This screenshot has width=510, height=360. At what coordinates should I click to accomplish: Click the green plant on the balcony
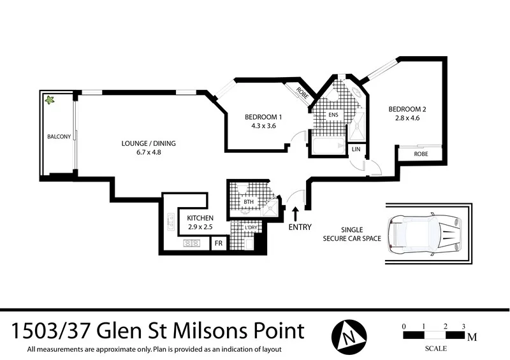tap(48, 100)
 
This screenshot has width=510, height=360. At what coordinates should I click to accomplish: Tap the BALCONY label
tap(58, 137)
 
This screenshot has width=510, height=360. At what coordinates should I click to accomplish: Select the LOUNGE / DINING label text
tap(148, 143)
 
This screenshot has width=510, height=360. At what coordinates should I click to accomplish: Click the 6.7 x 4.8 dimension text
tap(148, 152)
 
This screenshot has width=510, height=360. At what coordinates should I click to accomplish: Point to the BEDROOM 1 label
tap(263, 117)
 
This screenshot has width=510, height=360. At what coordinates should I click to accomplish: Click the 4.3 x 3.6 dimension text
tap(263, 126)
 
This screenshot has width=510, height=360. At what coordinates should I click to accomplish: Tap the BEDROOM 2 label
tap(407, 109)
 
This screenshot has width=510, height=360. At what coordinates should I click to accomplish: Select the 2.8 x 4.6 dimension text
tap(407, 118)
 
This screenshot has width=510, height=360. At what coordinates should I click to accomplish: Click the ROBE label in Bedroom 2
tap(421, 154)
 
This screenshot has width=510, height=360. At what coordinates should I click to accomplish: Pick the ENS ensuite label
tap(332, 115)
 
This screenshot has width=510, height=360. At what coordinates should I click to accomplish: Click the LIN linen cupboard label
tap(356, 149)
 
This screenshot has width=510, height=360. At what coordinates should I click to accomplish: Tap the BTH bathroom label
tap(248, 202)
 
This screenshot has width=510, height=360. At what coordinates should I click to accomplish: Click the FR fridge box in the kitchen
tap(218, 243)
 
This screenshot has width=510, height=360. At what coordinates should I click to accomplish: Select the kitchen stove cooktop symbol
tap(192, 243)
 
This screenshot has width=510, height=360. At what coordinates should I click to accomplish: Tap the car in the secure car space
tap(425, 233)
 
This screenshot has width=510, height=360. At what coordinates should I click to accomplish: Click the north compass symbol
tap(349, 333)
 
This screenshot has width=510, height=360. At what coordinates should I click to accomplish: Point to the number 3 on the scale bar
tap(463, 326)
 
